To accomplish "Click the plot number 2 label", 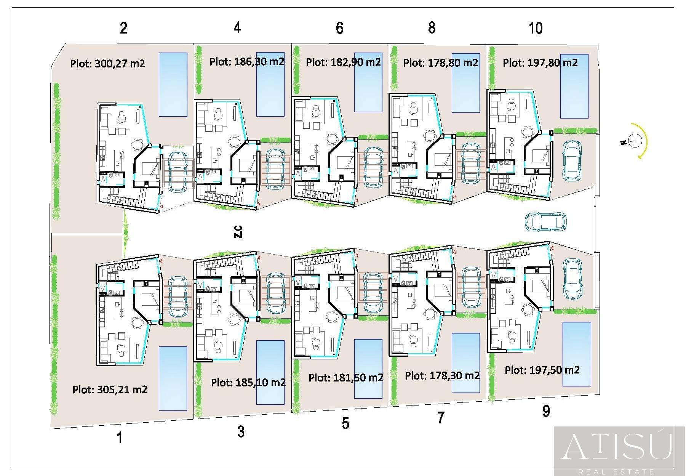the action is click(x=123, y=28).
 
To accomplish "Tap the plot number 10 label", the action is click(x=536, y=28).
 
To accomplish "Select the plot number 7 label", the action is click(x=441, y=418).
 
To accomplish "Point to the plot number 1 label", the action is click(x=120, y=438).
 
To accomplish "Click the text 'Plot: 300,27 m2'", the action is click(x=107, y=63).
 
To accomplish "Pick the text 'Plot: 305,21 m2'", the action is click(x=110, y=389).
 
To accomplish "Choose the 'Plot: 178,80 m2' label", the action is click(x=441, y=63).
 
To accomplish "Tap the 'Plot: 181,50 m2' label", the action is click(x=346, y=378).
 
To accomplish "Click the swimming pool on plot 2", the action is click(x=173, y=84).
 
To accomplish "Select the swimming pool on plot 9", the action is click(x=577, y=354).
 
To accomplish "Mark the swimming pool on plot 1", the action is click(x=173, y=378).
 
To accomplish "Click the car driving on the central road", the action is click(x=545, y=221).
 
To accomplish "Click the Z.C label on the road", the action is click(x=238, y=232).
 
